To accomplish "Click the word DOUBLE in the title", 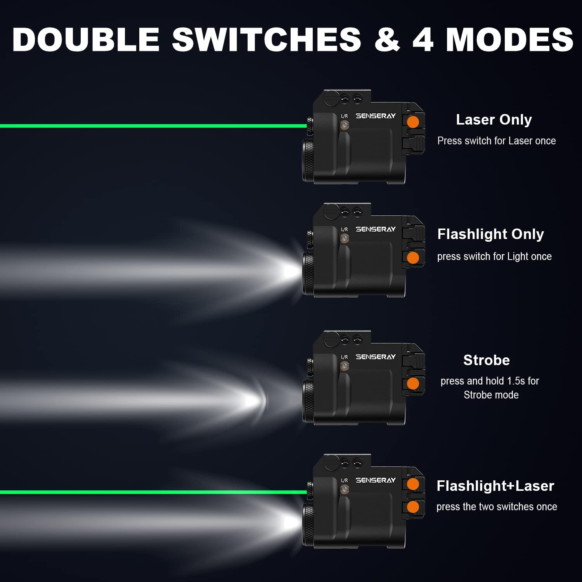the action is coord(86,39).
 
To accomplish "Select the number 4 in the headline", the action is coord(423,39).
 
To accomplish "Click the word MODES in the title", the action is coord(509,39).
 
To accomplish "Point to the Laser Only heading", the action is coord(494,120).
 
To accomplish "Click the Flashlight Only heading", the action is coord(490,234).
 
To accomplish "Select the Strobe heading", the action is coord(487,360).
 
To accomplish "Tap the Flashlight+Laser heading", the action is coord(495,486).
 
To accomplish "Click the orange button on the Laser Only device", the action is coord(413,122).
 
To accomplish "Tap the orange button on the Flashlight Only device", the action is coord(413,257).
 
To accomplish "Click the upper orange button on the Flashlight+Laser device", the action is coord(413,484).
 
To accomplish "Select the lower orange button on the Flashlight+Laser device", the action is coord(413,507).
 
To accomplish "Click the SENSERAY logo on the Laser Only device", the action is coord(376,116).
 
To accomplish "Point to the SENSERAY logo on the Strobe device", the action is coord(376,357).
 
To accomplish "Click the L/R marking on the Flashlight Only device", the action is coord(345,229).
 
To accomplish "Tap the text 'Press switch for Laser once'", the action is coord(497,141).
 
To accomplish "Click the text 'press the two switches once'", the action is coord(497,507).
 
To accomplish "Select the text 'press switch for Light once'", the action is coord(494,256).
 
